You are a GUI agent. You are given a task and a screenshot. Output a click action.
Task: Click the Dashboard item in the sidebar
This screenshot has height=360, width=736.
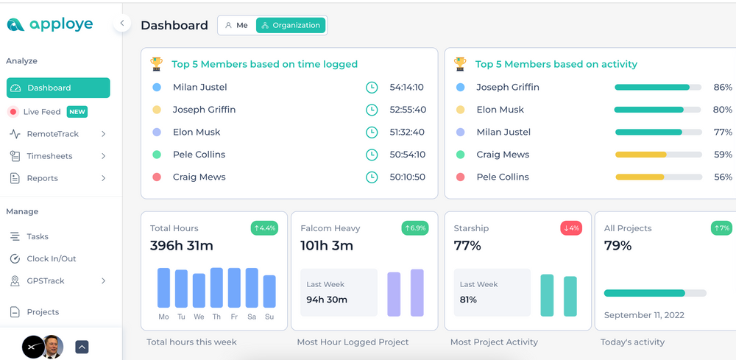click(x=58, y=88)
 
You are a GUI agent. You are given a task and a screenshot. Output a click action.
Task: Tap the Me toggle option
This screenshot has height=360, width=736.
click(x=236, y=25)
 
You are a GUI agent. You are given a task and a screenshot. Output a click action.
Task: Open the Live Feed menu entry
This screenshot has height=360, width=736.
click(x=41, y=112)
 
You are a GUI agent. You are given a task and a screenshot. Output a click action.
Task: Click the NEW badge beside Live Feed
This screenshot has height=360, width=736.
click(x=77, y=112)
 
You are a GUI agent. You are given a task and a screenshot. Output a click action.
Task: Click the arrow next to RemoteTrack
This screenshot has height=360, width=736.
click(x=103, y=134)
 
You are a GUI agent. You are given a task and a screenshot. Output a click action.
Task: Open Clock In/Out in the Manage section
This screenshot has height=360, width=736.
click(x=51, y=258)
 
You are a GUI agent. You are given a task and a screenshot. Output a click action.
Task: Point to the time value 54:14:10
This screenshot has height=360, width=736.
click(x=406, y=87)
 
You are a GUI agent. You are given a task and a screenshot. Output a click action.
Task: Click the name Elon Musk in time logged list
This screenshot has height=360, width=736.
click(x=197, y=132)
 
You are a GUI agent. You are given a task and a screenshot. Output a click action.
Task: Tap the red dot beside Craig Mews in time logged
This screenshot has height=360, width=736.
click(x=157, y=177)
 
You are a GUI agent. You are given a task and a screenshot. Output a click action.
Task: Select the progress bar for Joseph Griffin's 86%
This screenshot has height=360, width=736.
click(x=657, y=87)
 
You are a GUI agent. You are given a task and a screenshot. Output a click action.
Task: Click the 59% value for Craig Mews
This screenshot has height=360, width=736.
click(x=723, y=155)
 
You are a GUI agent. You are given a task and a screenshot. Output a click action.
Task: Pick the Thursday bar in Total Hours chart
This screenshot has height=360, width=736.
click(x=216, y=288)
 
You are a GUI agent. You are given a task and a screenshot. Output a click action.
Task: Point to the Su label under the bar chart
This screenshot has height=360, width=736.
click(x=269, y=317)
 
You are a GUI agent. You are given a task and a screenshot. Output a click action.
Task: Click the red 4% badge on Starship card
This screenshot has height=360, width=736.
click(x=570, y=228)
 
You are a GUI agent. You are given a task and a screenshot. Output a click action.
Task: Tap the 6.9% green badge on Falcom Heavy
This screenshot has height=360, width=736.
click(x=415, y=228)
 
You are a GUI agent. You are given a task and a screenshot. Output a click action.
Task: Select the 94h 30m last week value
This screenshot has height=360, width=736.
click(x=327, y=300)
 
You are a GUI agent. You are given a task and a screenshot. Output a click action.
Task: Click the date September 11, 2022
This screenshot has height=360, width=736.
click(x=644, y=315)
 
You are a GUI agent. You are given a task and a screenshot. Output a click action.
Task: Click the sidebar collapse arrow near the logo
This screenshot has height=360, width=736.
click(x=121, y=24)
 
